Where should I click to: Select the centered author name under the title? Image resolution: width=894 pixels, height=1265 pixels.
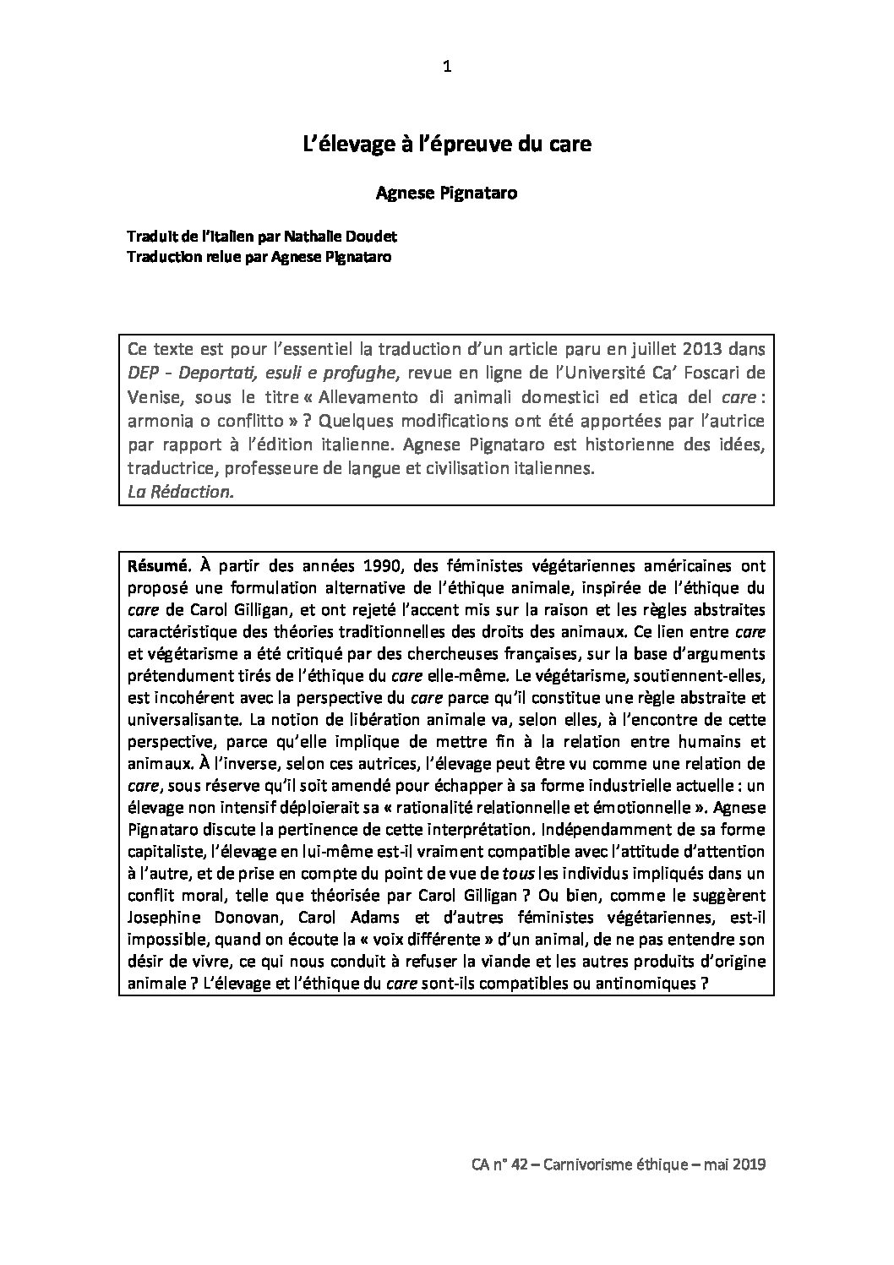click(446, 194)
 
